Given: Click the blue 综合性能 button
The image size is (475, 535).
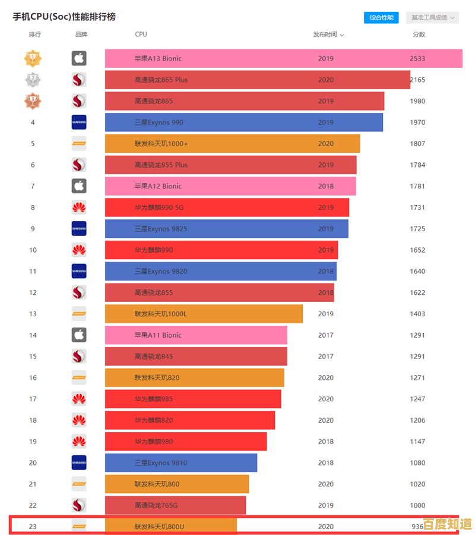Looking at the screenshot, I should click(381, 18).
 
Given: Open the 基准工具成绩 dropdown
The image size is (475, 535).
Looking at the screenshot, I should click(432, 18).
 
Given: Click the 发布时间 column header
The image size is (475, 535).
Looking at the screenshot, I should click(328, 34).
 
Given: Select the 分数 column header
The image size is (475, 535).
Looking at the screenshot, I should click(419, 34).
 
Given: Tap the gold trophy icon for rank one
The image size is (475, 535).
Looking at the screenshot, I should click(33, 58).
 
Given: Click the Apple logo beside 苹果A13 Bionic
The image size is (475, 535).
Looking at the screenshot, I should click(79, 58).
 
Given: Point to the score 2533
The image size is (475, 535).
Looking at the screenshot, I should click(417, 59).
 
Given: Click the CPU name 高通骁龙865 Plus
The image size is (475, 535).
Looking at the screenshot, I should click(161, 80).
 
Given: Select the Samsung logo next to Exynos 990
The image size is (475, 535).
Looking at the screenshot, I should click(79, 122).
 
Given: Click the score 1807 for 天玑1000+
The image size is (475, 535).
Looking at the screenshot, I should click(417, 144).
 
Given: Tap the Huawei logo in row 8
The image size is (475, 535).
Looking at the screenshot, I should click(79, 207).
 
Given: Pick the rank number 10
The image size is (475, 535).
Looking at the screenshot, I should click(33, 250).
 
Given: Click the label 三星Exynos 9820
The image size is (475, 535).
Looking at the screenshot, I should click(160, 272).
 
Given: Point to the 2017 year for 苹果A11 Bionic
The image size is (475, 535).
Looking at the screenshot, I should click(326, 335).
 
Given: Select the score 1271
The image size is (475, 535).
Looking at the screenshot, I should click(417, 378).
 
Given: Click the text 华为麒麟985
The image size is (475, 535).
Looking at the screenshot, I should click(154, 399).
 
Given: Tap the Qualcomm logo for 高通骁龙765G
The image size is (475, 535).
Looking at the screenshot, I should click(79, 505).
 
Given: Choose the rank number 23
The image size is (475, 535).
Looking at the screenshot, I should click(33, 527).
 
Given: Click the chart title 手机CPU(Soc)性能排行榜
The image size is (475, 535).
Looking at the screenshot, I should click(64, 17).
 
